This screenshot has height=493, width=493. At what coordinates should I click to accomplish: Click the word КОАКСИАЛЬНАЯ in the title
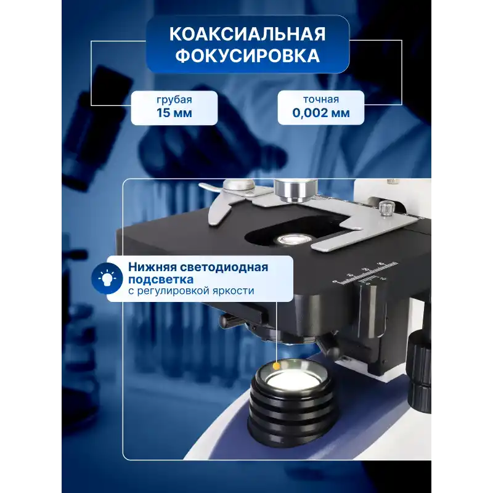[x=248, y=34]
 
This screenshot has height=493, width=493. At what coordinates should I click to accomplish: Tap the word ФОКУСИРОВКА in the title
[x=248, y=55]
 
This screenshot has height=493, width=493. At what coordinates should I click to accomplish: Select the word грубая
[x=174, y=100]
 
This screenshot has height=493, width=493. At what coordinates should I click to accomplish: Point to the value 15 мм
[x=174, y=113]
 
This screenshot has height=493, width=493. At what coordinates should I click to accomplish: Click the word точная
[x=321, y=99]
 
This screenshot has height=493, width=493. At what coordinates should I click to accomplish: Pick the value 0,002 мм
[x=321, y=113]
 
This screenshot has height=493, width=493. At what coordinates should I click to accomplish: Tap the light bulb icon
[x=107, y=278]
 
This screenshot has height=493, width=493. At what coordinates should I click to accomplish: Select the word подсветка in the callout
[x=161, y=280]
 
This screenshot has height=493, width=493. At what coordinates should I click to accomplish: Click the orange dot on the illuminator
[x=276, y=366]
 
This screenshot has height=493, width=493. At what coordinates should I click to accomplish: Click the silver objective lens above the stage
[x=295, y=190]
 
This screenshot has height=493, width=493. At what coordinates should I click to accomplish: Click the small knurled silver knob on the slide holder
[x=384, y=208]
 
